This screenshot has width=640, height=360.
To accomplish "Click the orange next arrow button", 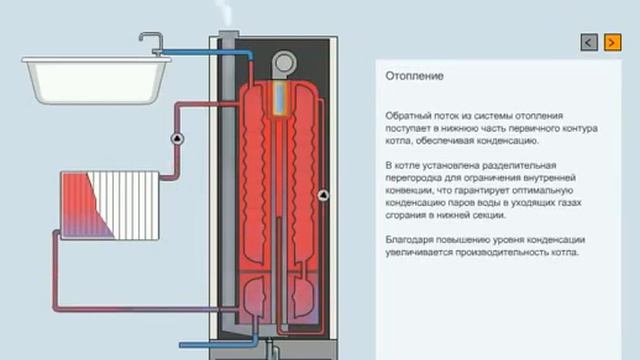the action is (x=613, y=42).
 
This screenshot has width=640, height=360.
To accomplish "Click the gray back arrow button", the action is (x=589, y=42).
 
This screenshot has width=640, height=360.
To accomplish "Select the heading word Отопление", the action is (x=414, y=76).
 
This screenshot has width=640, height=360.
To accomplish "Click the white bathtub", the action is (x=96, y=80).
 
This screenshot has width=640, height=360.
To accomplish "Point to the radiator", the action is (x=109, y=205).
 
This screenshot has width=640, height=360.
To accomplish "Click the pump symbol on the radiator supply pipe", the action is (x=177, y=139).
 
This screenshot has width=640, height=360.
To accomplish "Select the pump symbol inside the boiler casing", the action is (x=323, y=196).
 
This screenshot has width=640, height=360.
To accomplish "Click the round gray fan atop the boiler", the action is (x=284, y=63).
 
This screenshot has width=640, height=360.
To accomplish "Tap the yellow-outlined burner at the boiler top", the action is (x=280, y=98).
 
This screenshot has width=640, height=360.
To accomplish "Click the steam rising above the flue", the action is (x=225, y=13).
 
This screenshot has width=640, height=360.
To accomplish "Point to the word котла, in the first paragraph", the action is (x=398, y=141).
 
